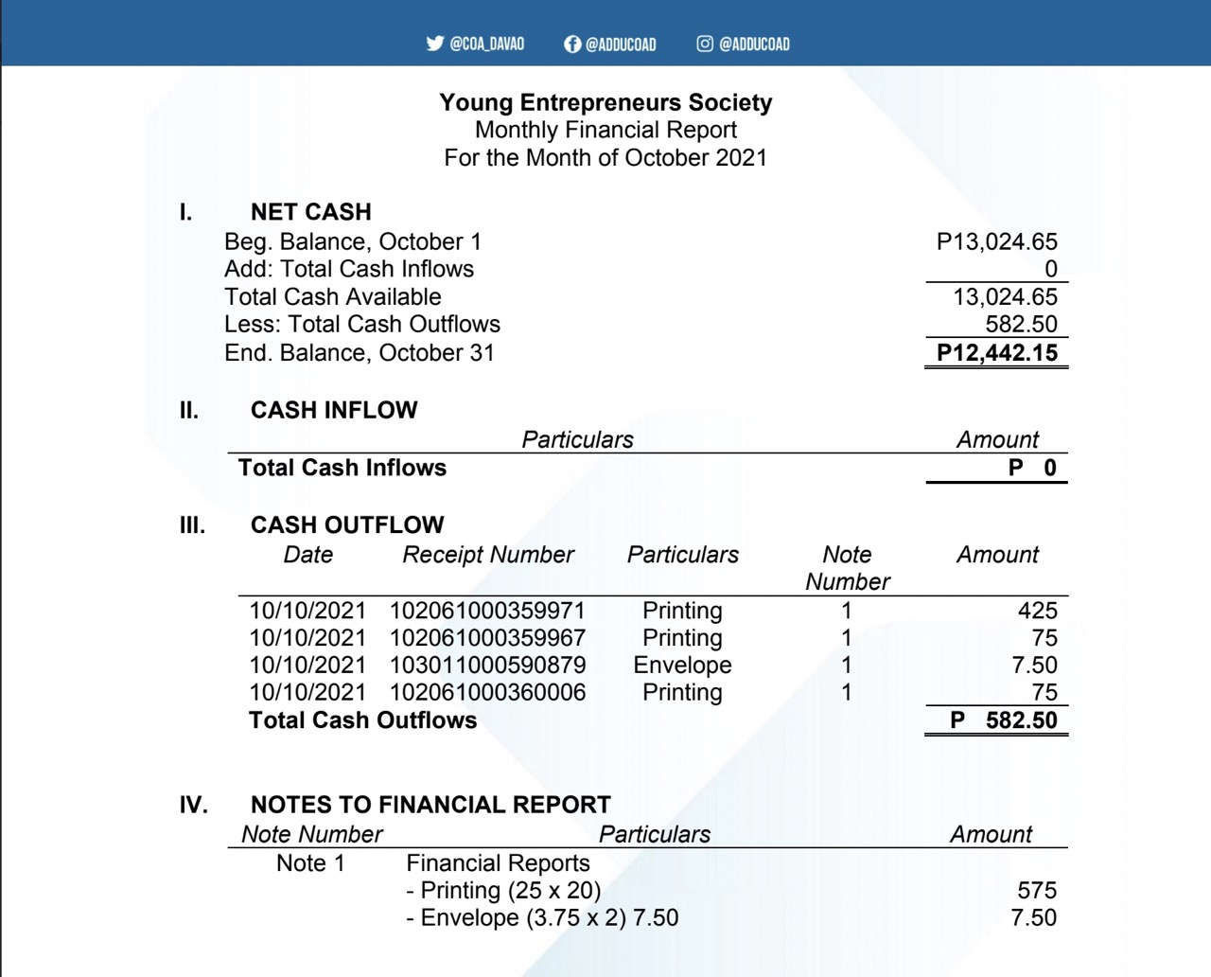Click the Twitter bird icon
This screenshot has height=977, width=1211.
435,44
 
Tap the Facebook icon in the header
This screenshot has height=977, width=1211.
571,44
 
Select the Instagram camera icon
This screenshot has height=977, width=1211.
705,44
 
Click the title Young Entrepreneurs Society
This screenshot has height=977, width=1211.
605,102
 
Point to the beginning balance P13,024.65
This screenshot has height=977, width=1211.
996,242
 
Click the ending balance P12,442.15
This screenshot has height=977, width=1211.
996,353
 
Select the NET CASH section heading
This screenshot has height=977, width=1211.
310,212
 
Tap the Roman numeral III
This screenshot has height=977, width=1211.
192,525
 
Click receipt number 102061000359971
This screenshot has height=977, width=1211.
487,611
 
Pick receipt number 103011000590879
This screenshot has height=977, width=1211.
487,666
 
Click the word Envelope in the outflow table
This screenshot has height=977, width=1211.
682,666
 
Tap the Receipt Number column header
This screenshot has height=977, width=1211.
488,555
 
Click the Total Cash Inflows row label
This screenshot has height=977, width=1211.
342,468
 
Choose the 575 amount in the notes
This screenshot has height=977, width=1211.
1036,891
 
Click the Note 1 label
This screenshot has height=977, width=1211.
310,863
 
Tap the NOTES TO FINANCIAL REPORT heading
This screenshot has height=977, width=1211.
430,805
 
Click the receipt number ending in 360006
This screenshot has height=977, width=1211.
487,693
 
